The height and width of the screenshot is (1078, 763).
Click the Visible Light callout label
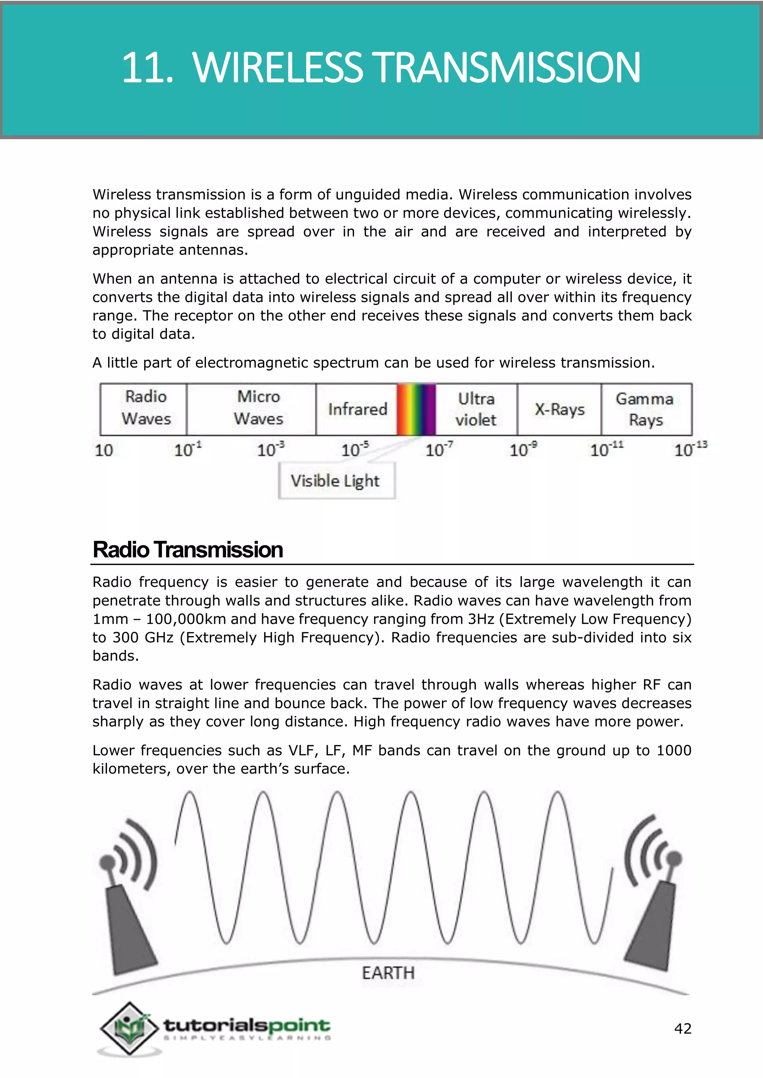335,481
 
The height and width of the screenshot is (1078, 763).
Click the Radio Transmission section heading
187,550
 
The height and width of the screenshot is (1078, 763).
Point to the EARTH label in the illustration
388,973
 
